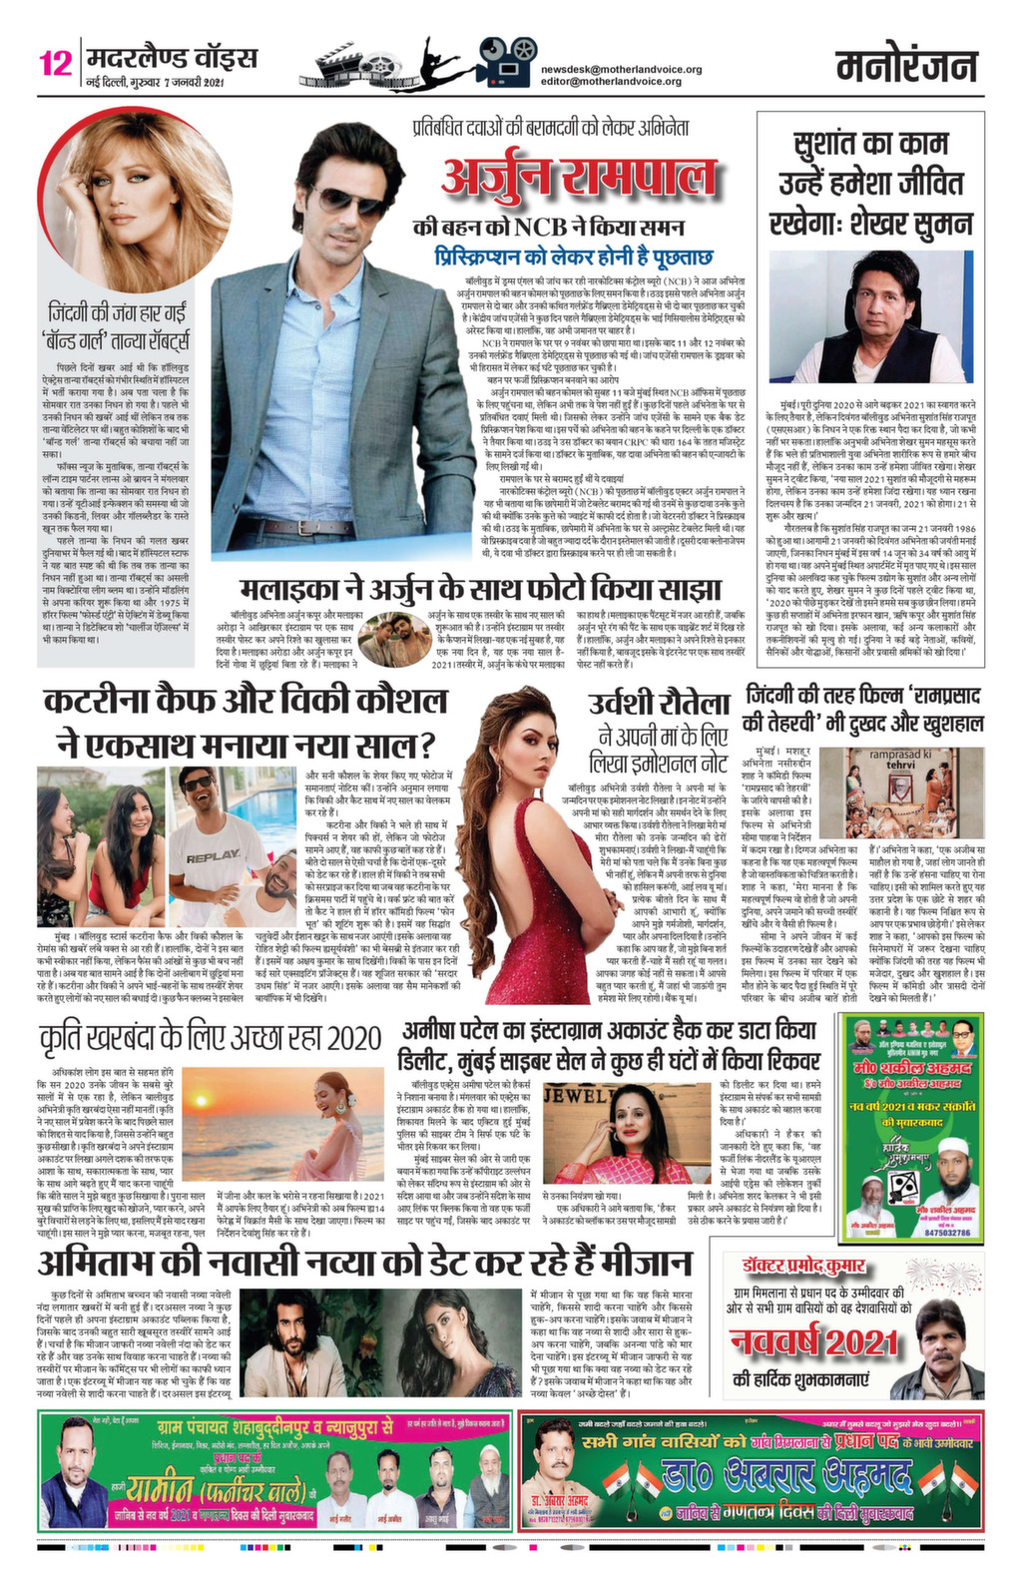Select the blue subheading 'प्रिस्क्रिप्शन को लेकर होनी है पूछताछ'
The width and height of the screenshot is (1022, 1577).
point(572,258)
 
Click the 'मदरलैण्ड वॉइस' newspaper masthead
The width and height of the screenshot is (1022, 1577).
point(172,57)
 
